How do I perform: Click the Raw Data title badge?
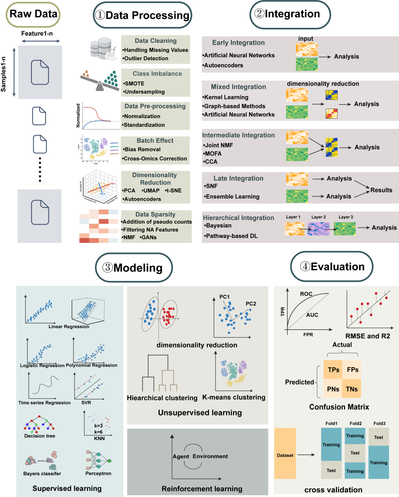point(33,14)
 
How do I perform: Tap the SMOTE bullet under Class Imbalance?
point(134,83)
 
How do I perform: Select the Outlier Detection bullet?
point(146,58)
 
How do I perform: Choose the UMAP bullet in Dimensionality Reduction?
point(151,191)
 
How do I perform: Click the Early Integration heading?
point(238,42)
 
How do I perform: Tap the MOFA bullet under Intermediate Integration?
point(213,154)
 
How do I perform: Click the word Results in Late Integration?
point(381,190)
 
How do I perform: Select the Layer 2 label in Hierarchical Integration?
point(318,217)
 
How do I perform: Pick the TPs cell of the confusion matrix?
point(333,370)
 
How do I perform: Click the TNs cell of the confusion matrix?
point(352,389)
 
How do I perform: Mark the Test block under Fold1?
point(331,470)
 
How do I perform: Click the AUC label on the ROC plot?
point(312,315)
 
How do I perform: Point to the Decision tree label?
point(40,436)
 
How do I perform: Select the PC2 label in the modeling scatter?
point(251,304)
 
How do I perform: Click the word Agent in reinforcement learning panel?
point(181,456)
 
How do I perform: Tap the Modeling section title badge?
point(134,268)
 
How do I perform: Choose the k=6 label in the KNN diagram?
point(98,432)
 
